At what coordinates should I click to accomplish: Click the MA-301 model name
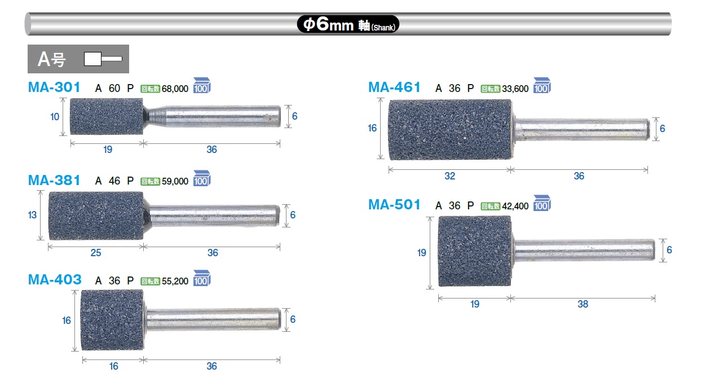coord(54,87)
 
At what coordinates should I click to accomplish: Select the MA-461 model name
coord(394,87)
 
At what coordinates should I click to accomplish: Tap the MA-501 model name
coord(394,205)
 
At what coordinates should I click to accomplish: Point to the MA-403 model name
coord(55,280)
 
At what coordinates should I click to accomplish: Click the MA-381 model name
coord(54,181)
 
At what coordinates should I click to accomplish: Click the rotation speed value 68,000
coord(175,89)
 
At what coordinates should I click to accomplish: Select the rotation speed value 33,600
coord(515,89)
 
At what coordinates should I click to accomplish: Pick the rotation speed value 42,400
coord(515,206)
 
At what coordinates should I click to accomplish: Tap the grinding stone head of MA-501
coord(474,251)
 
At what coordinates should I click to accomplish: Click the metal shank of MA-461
coord(581,129)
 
